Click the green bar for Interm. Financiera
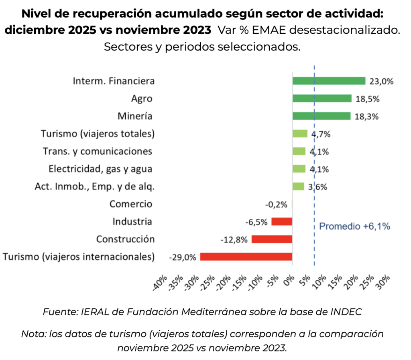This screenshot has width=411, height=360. [x=329, y=81]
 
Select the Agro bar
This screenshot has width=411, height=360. [x=322, y=98]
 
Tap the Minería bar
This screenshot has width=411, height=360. [x=321, y=116]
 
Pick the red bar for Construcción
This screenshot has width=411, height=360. [x=272, y=239]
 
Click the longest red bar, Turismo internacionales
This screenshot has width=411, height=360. [x=246, y=257]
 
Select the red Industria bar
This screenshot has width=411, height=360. [x=282, y=222]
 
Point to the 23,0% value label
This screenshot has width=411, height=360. [x=381, y=81]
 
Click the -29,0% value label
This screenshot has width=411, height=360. [x=183, y=257]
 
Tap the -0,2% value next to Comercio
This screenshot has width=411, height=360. [x=276, y=204]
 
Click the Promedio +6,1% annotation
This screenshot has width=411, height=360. [x=354, y=226]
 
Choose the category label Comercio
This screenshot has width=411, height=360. [x=131, y=204]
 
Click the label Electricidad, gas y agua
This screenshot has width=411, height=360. [x=100, y=169]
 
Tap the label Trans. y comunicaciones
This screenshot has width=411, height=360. [x=98, y=151]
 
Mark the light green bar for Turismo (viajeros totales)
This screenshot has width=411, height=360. [x=300, y=134]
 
